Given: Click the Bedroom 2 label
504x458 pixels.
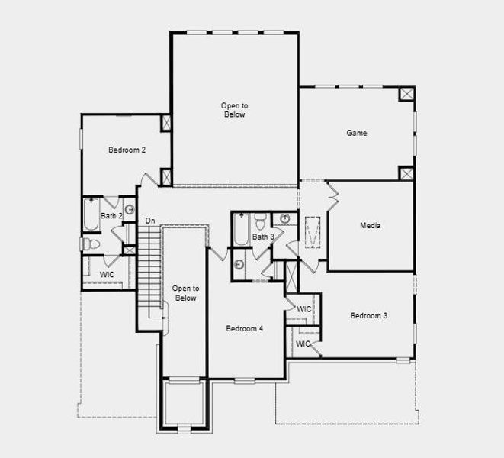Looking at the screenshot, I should tap(127, 150).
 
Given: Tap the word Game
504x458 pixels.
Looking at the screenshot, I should tap(357, 133).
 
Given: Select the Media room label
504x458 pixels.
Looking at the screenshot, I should tap(371, 226).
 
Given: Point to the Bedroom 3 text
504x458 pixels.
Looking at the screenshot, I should tap(369, 315).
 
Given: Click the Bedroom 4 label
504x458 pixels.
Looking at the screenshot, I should tap(244, 328).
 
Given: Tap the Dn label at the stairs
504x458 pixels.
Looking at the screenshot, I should tap(150, 221).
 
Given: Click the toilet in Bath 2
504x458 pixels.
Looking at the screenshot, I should tap(90, 244).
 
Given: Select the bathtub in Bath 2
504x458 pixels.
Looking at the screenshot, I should tap(90, 214).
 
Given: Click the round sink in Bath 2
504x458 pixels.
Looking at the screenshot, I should tap(129, 209).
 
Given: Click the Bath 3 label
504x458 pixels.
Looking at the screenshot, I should tap(263, 237).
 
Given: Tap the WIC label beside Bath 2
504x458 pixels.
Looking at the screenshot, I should tap(108, 273).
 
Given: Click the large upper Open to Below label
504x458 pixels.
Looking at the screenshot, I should tap(234, 110).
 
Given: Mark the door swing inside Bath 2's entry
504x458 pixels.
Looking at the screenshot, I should tap(111, 203).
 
